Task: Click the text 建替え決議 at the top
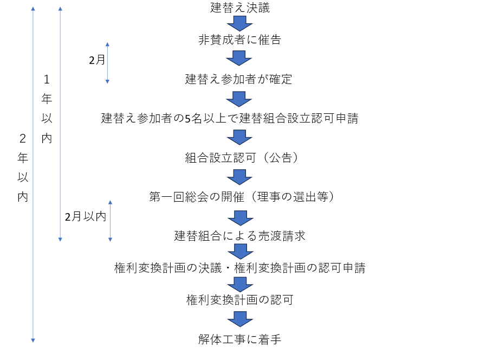coord(239,8)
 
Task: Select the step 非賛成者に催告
coord(239,40)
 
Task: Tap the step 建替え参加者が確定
coord(238,79)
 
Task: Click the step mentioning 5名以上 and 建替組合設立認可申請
coord(230,118)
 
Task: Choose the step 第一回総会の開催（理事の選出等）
coord(241,196)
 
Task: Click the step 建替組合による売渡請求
coord(239,236)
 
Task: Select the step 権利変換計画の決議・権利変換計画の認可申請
coord(239,268)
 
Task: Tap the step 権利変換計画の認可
coord(239,299)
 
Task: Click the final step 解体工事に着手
coord(239,339)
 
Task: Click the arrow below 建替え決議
coord(239,24)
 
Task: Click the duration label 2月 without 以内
coord(98,60)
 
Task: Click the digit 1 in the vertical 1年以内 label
coord(47,80)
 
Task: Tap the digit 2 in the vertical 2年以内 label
coord(22,138)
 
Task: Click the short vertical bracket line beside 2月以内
coord(111,221)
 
